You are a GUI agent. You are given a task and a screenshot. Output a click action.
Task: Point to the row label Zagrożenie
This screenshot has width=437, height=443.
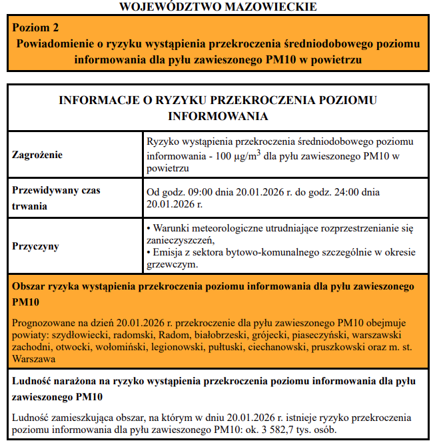tap(38, 155)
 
